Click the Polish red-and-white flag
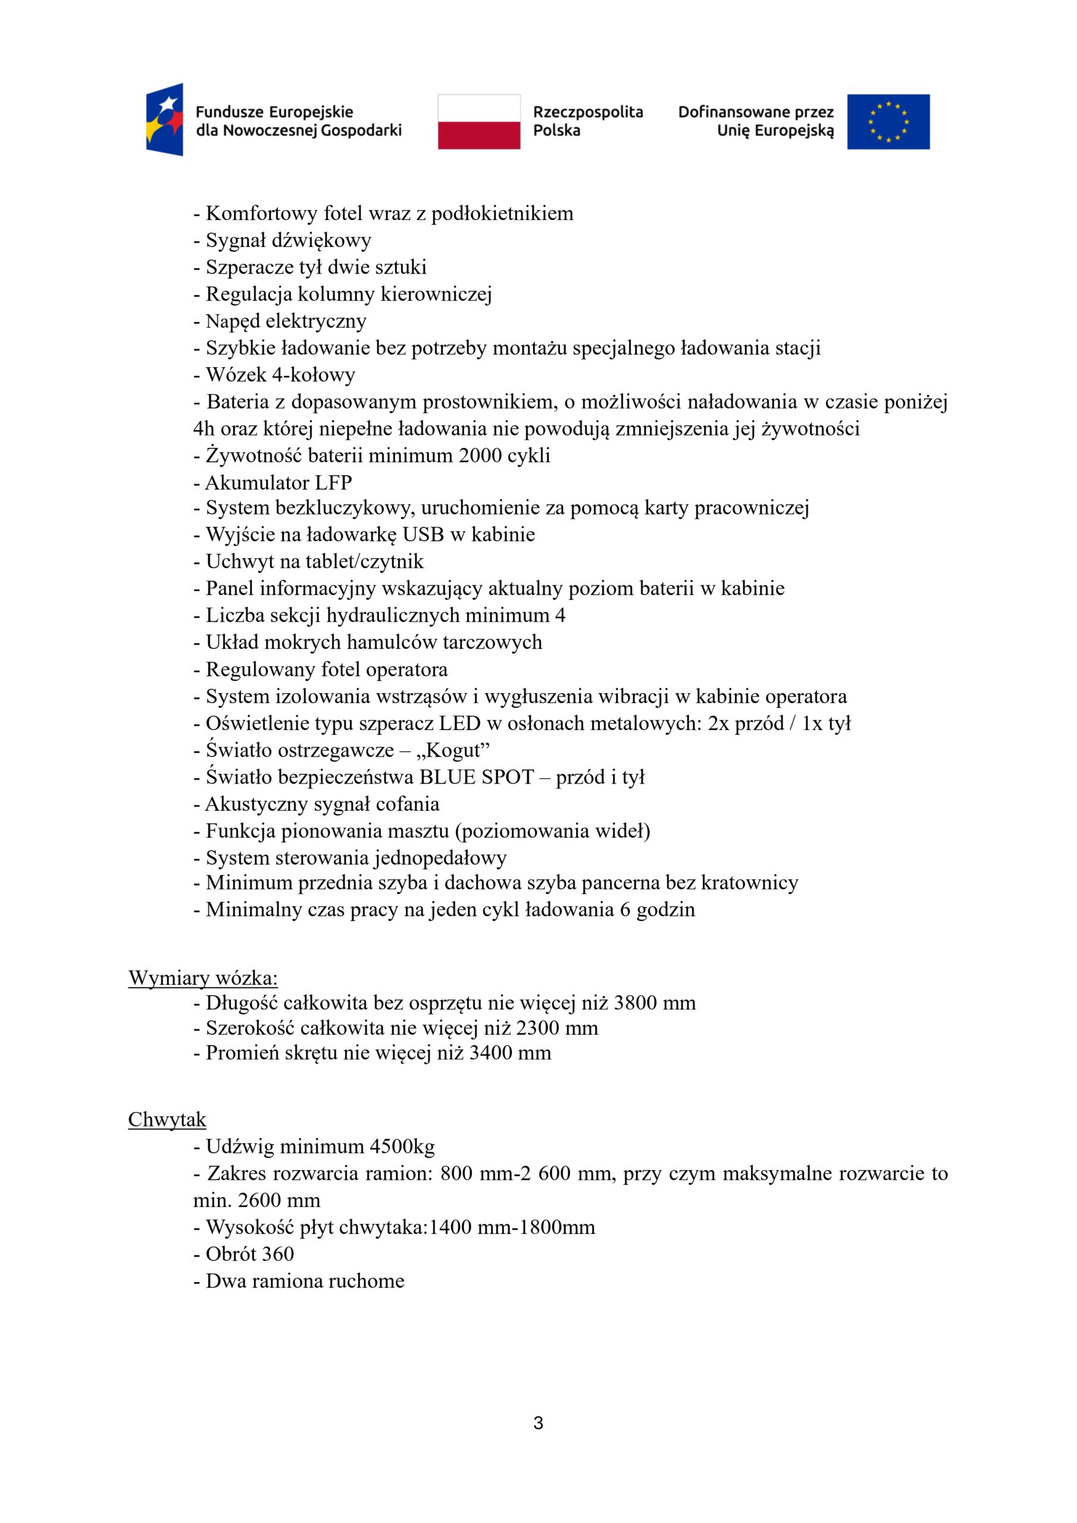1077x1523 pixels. pos(478,121)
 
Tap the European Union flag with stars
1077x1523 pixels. pos(888,121)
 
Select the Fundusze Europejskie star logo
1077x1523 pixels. pos(165,120)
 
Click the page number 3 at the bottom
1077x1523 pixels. pos(538,1422)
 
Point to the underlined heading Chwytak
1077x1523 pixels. pos(167,1120)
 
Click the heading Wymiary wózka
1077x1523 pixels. pos(203,977)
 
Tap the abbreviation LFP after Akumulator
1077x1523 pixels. pos(334,482)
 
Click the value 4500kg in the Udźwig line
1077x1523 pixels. pos(402,1146)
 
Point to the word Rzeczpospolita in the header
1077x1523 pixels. pos(588,112)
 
